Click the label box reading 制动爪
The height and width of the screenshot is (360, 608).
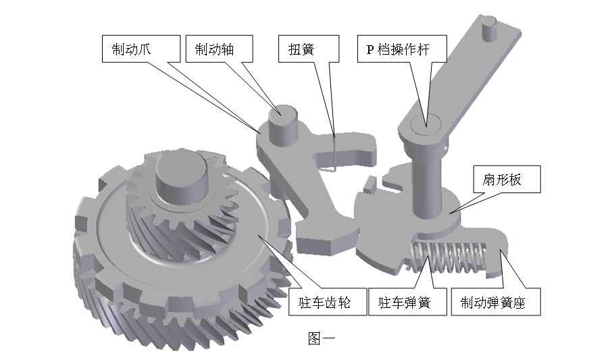pyautogui.click(x=141, y=49)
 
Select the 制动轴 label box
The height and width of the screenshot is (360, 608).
pyautogui.click(x=219, y=49)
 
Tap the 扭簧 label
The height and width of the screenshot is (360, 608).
pyautogui.click(x=309, y=49)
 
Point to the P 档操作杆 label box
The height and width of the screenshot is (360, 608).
pyautogui.click(x=402, y=49)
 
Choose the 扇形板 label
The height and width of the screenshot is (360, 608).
pyautogui.click(x=507, y=180)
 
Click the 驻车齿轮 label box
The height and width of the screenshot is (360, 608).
pyautogui.click(x=328, y=301)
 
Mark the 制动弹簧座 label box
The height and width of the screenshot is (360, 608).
pyautogui.click(x=496, y=301)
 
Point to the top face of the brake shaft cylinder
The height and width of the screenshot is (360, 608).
pyautogui.click(x=283, y=111)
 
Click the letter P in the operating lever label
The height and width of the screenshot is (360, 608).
pyautogui.click(x=371, y=49)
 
